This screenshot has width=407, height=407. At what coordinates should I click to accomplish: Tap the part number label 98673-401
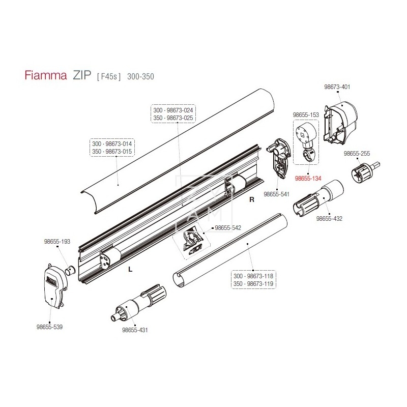tap(337, 87)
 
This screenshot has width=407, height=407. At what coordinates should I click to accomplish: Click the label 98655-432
tap(329, 219)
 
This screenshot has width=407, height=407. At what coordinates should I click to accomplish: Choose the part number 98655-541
tap(276, 194)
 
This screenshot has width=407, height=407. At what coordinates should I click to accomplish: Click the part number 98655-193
tap(57, 242)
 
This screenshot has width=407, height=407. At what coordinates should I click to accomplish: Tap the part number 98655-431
tap(135, 330)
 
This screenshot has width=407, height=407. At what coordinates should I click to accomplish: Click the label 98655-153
tap(306, 115)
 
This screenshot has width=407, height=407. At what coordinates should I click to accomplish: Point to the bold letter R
tap(251, 200)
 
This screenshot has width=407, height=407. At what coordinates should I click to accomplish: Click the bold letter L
tap(130, 270)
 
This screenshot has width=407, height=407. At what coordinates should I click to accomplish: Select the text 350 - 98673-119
tap(252, 283)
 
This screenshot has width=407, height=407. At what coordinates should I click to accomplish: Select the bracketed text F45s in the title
tap(109, 77)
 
